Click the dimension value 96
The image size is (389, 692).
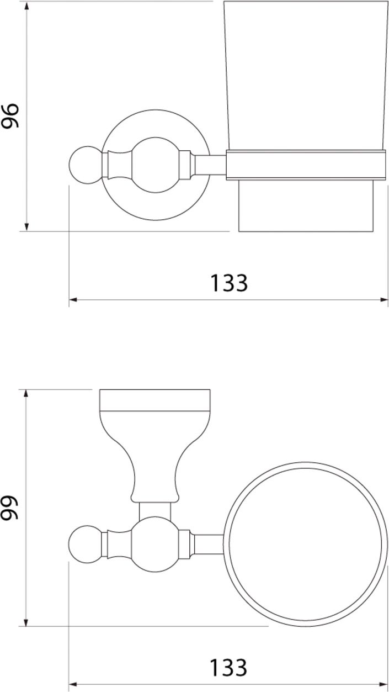[10, 115]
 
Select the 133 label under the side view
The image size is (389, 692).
[229, 283]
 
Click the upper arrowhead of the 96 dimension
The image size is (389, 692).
[26, 6]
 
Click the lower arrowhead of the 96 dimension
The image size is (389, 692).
[26, 227]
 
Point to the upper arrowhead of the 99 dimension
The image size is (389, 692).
[26, 394]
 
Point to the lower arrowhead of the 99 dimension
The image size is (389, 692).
[26, 622]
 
